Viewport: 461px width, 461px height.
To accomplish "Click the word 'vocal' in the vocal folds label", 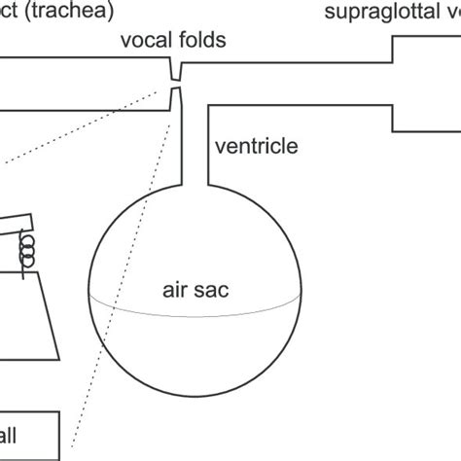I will pos(145,40).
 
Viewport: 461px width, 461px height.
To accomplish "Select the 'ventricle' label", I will pos(255,147).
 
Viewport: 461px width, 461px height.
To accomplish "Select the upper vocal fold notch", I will pos(176,71).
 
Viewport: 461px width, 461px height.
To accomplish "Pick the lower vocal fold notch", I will pos(176,97).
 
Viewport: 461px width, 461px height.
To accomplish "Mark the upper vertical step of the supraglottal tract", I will pos(393,49).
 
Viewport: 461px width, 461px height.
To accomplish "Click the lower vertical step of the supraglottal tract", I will pos(393,117).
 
